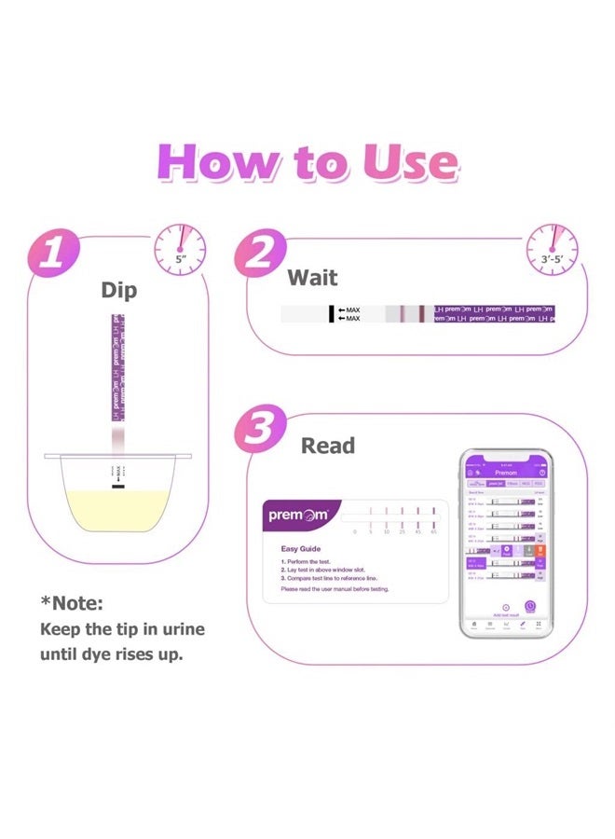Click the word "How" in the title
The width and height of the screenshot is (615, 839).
point(212,162)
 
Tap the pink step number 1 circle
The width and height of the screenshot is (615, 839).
point(54,253)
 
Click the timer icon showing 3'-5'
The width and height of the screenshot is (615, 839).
point(552,249)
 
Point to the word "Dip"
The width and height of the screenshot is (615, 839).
point(118,290)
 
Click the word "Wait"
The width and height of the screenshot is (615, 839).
point(312,278)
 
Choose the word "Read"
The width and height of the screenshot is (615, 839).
point(327,446)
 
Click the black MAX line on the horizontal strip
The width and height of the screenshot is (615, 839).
point(330,313)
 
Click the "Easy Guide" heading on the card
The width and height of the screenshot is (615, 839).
point(301,549)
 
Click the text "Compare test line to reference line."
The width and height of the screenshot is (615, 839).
point(338,579)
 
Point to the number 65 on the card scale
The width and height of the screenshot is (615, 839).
point(434,531)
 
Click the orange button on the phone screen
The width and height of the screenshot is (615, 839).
point(540,552)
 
